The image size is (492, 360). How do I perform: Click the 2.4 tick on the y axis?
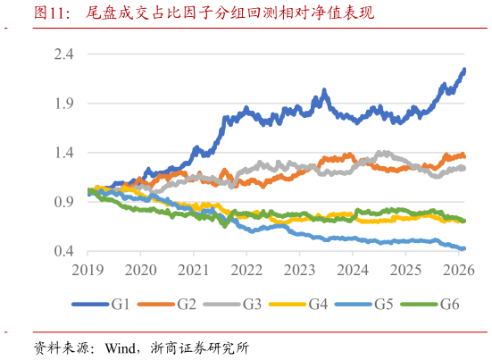(64, 54)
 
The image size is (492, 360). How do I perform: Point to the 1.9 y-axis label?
(64, 104)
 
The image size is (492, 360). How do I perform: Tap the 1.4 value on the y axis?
(64, 154)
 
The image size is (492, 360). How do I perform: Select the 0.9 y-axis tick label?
(64, 203)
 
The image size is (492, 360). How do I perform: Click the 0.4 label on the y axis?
(64, 252)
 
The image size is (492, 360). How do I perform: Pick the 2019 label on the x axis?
(89, 269)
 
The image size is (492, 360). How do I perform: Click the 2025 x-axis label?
(406, 269)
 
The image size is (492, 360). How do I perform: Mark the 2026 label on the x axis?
(459, 269)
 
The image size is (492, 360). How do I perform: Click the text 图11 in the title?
(53, 13)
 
